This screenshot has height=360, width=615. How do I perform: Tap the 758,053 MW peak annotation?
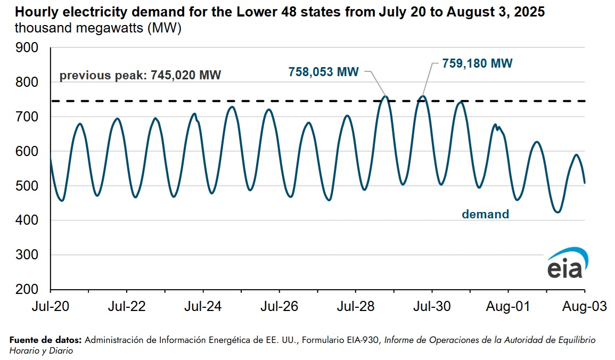[x=324, y=71]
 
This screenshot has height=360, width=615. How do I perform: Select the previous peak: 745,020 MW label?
[x=140, y=75]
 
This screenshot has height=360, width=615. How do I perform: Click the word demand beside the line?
[x=485, y=214]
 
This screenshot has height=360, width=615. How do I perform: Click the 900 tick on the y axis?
[x=28, y=48]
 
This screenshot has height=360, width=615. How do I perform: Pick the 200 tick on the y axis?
[x=28, y=290]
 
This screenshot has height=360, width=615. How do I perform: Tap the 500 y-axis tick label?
[x=28, y=186]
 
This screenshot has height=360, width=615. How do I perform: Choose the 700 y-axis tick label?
[x=28, y=117]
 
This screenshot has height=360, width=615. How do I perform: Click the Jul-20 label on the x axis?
[x=51, y=307]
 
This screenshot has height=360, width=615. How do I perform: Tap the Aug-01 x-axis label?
[x=508, y=307]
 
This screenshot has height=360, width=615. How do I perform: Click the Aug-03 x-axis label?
[x=584, y=307]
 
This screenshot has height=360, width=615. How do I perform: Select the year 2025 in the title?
[x=530, y=12]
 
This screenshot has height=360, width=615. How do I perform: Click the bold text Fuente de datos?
[x=46, y=340]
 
